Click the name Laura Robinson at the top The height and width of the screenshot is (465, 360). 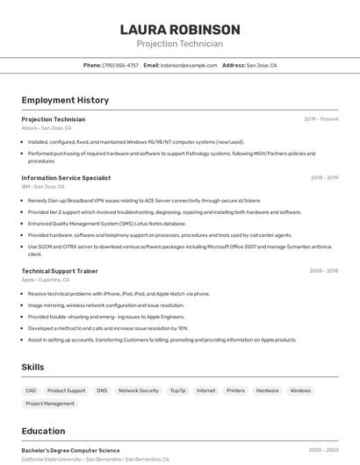[x=179, y=30]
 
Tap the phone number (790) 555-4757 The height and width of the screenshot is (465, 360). [x=120, y=65]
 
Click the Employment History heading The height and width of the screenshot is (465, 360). [x=65, y=100]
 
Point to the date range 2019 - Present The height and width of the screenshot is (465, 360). [x=321, y=118]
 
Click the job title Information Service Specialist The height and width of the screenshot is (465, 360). [x=66, y=177]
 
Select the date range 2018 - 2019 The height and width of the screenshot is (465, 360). [x=324, y=177]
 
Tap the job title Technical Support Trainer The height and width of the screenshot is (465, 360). [x=60, y=271]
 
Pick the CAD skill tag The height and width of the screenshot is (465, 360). [x=31, y=390]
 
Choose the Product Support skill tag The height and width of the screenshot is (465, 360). [x=67, y=390]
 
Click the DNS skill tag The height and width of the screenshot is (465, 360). [x=102, y=390]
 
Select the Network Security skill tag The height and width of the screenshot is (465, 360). [x=139, y=390]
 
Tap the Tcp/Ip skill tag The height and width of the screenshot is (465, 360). [x=177, y=390]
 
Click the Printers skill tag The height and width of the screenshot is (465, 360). [x=235, y=390]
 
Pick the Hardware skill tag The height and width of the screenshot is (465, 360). [x=267, y=390]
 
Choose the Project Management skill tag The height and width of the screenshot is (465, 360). [x=50, y=404]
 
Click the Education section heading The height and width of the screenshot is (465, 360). [x=43, y=431]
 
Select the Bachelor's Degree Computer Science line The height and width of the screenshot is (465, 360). [x=70, y=450]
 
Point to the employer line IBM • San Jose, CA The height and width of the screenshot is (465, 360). [x=43, y=186]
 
